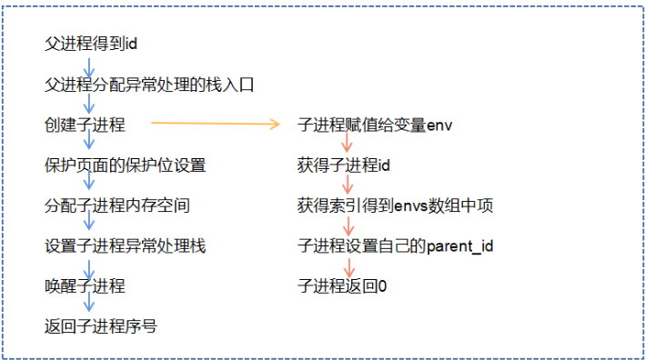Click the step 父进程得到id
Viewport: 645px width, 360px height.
click(91, 44)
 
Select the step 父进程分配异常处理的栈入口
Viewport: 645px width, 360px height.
click(148, 85)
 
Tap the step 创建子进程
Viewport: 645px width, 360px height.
click(85, 125)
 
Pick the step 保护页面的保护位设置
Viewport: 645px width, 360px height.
click(126, 165)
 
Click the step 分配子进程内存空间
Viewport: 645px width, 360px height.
click(117, 205)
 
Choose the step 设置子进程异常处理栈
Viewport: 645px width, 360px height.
click(126, 245)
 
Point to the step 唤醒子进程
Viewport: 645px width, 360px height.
click(85, 285)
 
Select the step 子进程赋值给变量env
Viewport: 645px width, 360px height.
click(375, 125)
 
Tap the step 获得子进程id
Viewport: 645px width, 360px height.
click(343, 165)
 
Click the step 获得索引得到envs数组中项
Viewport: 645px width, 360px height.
click(396, 205)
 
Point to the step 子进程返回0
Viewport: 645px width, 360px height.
click(343, 285)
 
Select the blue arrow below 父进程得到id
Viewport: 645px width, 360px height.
click(89, 64)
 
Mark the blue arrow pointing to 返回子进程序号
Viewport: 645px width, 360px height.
click(89, 305)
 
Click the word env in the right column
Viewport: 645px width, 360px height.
click(439, 125)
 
